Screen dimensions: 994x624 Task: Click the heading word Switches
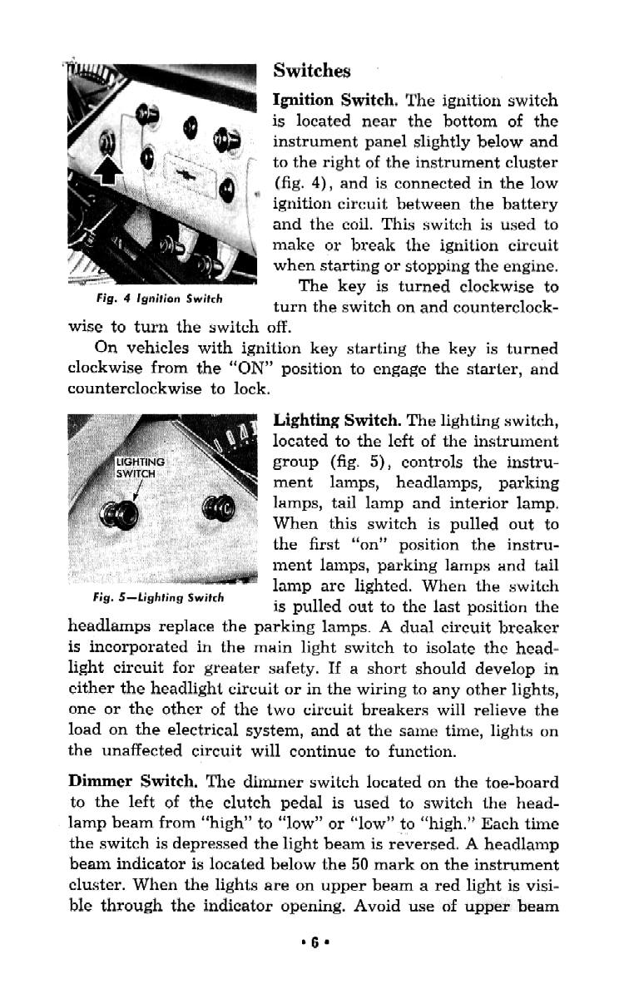point(312,71)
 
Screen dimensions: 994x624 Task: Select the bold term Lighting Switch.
point(338,422)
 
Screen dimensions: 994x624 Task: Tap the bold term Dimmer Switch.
point(131,783)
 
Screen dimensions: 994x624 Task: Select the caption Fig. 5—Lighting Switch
point(158,597)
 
